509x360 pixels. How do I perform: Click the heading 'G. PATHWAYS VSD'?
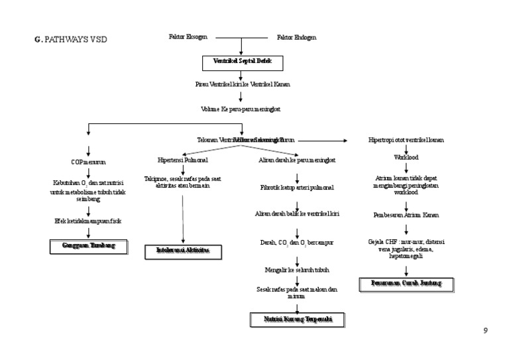[x=70, y=39]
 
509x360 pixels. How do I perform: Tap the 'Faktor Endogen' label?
[x=296, y=38]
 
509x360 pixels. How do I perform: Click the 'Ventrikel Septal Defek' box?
[x=242, y=62]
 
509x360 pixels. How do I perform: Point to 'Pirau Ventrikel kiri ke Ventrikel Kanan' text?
[x=242, y=84]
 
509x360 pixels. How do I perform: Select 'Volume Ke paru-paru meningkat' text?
[x=242, y=109]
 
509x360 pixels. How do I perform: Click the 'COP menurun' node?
[x=88, y=162]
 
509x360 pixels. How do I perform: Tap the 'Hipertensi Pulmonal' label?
[x=182, y=160]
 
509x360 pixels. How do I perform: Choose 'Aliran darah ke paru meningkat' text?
[x=297, y=160]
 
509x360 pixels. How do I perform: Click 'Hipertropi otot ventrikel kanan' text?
[x=406, y=141]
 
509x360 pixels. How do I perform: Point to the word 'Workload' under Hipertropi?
[x=406, y=158]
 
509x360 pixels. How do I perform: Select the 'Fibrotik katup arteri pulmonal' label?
[x=297, y=188]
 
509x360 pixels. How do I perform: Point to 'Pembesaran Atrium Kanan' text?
[x=406, y=215]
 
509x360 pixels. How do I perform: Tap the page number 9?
[x=485, y=331]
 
